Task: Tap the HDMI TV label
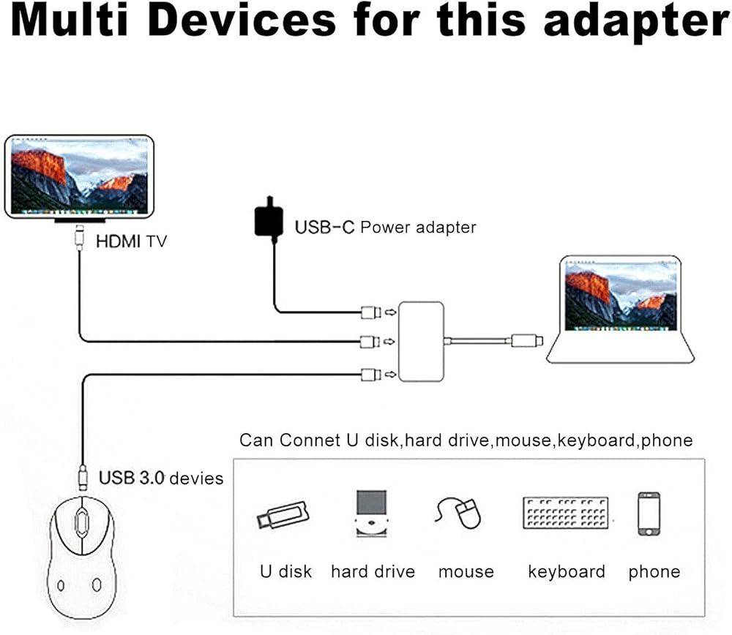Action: click(131, 240)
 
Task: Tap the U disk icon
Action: click(281, 513)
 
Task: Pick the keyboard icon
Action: click(566, 513)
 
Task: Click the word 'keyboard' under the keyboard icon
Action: click(566, 571)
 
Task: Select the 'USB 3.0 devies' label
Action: click(161, 478)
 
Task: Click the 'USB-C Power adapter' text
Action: click(385, 228)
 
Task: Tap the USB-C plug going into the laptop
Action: click(526, 340)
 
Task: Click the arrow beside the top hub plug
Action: click(390, 312)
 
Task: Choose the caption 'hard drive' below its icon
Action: click(373, 571)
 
